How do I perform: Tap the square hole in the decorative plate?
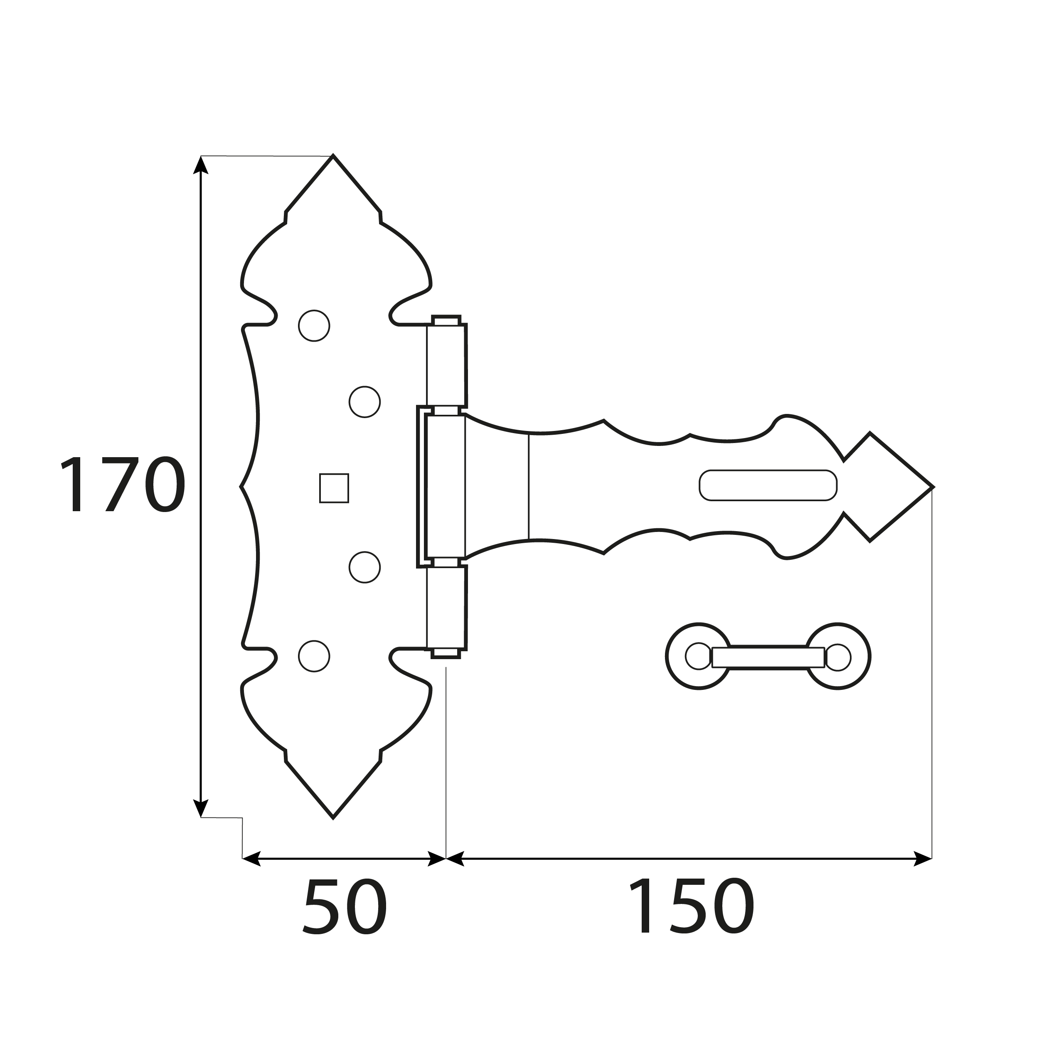coord(334,488)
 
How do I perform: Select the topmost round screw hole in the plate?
coord(314,325)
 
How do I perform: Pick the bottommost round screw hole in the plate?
coord(314,656)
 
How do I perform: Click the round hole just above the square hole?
coord(364,402)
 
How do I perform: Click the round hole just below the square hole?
coord(364,567)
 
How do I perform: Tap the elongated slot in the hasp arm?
coord(768,485)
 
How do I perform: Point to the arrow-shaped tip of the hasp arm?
coord(909,487)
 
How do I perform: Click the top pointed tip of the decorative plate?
coord(333,161)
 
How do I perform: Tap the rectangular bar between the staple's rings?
coord(768,657)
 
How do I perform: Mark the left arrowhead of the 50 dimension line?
coord(251,859)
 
